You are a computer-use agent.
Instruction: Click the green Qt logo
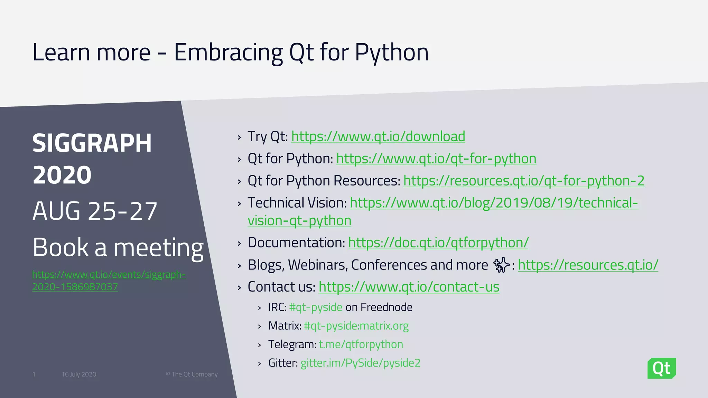(x=661, y=368)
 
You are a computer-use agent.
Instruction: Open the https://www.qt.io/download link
(x=378, y=136)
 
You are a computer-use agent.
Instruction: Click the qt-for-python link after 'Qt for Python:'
(x=436, y=159)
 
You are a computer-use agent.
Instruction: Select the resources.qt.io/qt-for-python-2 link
(x=524, y=181)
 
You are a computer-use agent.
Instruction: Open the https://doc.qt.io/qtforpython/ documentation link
(x=438, y=243)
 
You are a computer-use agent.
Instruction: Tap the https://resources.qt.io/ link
(x=588, y=265)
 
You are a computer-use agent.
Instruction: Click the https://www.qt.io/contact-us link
(x=409, y=287)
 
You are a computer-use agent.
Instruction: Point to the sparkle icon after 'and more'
(x=501, y=265)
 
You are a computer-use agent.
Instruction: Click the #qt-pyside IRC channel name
(x=316, y=307)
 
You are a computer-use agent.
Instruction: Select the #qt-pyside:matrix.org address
(x=356, y=326)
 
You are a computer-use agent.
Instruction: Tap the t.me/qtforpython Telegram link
(x=361, y=344)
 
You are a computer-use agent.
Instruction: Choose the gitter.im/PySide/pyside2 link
(x=360, y=363)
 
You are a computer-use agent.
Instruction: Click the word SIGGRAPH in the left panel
(x=92, y=143)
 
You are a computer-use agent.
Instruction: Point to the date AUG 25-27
(x=95, y=211)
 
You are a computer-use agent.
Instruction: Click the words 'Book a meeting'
(x=118, y=247)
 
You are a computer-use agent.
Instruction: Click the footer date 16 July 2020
(x=79, y=375)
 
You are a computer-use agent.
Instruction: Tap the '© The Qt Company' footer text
(x=192, y=375)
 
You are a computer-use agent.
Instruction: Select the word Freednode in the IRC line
(x=386, y=307)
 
